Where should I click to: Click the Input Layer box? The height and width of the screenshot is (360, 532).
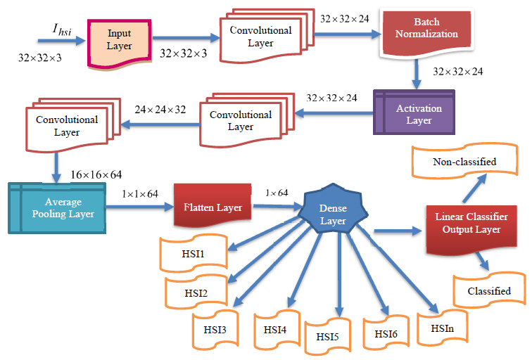tap(119, 39)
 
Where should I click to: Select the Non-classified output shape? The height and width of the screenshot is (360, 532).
tap(465, 162)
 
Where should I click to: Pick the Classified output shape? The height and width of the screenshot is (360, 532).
tap(489, 290)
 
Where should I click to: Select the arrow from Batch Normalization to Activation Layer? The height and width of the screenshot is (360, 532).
tap(417, 72)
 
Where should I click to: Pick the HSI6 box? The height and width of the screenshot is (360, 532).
tap(386, 331)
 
